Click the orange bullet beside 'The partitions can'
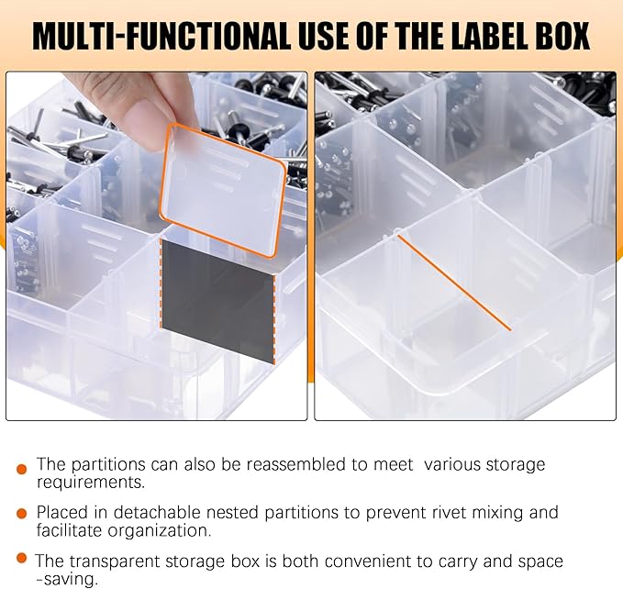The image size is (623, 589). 21,469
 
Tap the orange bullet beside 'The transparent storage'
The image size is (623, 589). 21,558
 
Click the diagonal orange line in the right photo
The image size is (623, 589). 453,281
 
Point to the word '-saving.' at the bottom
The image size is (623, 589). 67,579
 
